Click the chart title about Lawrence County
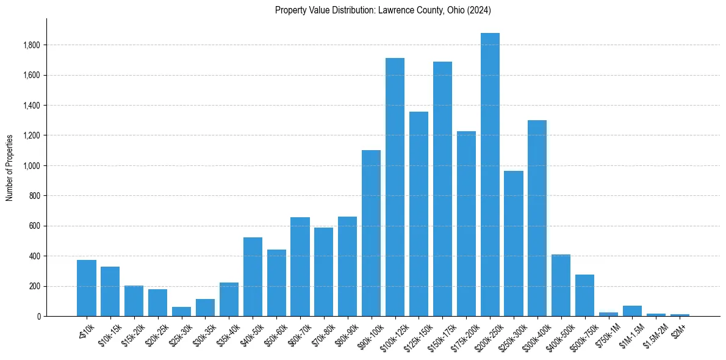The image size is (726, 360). click(383, 10)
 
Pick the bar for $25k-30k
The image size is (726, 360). click(181, 311)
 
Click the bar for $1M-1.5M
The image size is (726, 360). click(632, 311)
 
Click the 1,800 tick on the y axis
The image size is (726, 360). click(32, 45)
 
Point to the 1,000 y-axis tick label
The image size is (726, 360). click(32, 166)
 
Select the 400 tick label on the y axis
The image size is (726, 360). click(35, 256)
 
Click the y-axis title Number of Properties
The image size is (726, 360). click(10, 167)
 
